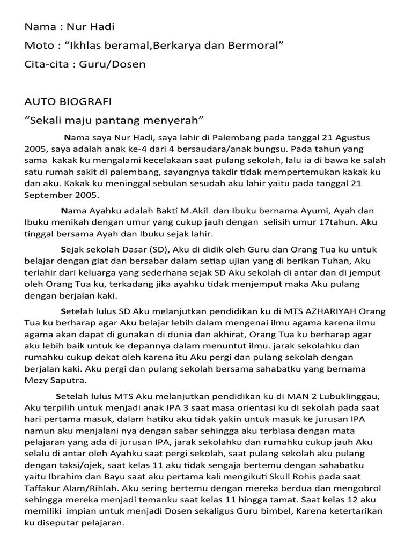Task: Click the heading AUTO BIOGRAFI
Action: [68, 101]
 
